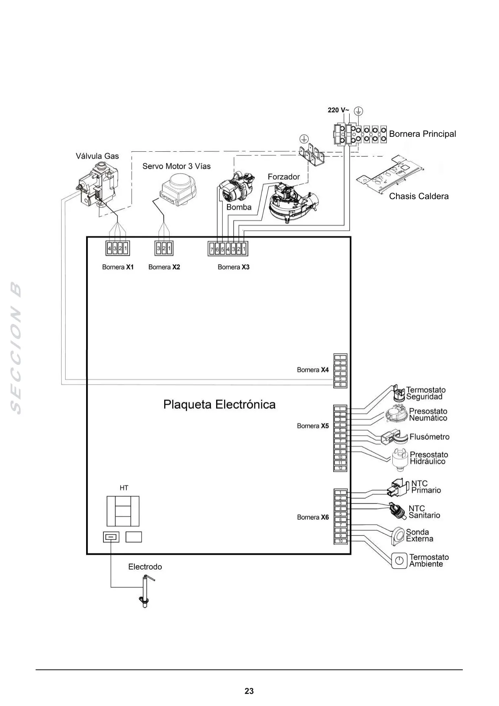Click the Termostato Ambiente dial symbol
(400, 560)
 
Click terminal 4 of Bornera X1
(109, 249)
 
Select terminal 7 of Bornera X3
(212, 249)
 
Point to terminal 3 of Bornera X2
(159, 249)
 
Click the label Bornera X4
(313, 370)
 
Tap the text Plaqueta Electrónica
(219, 404)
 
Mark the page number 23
(249, 691)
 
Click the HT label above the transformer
(124, 488)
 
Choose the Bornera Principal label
(423, 134)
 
